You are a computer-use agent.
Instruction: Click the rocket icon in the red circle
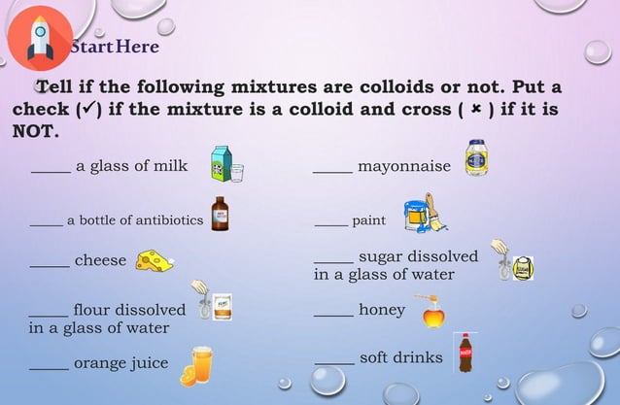(39, 37)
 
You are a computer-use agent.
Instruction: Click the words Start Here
(115, 46)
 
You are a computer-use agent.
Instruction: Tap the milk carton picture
(225, 165)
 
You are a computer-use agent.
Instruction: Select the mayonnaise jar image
(476, 158)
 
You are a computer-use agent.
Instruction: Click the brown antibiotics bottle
(220, 214)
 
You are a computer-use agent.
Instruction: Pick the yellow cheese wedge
(155, 260)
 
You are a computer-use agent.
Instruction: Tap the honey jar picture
(433, 311)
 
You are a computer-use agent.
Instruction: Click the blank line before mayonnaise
(332, 171)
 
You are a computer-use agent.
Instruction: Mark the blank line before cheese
(49, 265)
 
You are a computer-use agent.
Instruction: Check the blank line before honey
(333, 316)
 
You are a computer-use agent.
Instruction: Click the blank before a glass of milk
(51, 171)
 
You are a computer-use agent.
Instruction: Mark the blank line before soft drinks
(334, 363)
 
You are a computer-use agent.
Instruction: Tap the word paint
(369, 220)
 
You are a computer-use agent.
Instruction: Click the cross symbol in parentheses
(477, 109)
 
